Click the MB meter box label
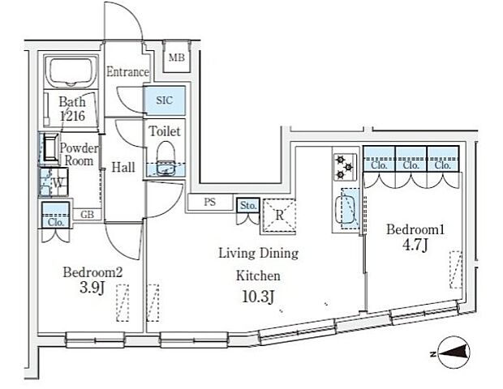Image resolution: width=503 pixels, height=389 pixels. [x=177, y=58]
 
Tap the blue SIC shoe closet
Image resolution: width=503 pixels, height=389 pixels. [x=165, y=100]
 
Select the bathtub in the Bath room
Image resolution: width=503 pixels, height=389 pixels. [x=71, y=72]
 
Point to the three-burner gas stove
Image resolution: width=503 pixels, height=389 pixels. [x=345, y=167]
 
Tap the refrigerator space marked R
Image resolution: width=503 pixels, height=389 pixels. [x=279, y=216]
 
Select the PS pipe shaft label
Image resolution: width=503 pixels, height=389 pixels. [x=210, y=203]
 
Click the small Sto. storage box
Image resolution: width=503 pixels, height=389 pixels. [x=248, y=206]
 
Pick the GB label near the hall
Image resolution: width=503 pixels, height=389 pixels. [x=88, y=215]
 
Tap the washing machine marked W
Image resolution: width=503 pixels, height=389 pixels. [x=54, y=182]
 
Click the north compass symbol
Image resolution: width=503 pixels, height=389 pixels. [x=453, y=353]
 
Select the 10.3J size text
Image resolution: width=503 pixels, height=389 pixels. [x=258, y=297]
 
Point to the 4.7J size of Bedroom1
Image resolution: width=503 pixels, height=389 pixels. [x=415, y=246]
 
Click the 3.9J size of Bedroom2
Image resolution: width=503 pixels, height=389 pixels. [x=92, y=288]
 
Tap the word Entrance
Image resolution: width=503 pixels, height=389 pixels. [x=127, y=72]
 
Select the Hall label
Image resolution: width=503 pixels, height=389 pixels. [x=123, y=167]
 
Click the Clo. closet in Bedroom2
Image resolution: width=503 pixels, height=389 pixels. [x=56, y=215]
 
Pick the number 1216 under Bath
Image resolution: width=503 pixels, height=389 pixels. [x=72, y=116]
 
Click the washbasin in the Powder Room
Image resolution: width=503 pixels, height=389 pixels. [x=50, y=148]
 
